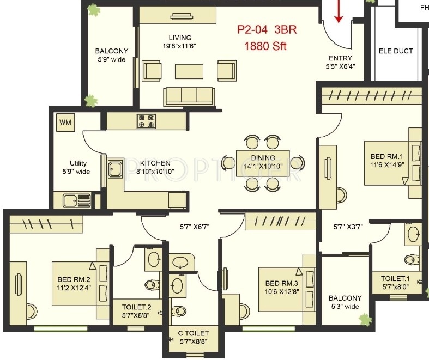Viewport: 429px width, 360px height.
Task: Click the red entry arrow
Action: [339, 11]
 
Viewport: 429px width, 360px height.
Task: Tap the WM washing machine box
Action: [65, 122]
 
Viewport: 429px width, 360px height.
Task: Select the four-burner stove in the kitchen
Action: [147, 121]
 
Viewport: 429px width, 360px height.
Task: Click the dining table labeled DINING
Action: [263, 163]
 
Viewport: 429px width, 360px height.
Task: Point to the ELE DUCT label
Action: [396, 51]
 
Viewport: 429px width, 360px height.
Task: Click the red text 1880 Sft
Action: [265, 46]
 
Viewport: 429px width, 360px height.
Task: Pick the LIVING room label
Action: [180, 38]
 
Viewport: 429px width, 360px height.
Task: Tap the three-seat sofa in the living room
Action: [189, 96]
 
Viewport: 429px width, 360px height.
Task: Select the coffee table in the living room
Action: [189, 71]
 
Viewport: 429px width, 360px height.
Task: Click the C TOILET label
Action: [193, 333]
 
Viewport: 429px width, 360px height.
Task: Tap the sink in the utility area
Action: [77, 201]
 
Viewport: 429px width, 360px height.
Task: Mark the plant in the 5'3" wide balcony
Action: [365, 320]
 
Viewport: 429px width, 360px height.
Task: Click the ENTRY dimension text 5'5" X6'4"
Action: [340, 66]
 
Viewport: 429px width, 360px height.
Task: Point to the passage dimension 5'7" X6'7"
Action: [195, 227]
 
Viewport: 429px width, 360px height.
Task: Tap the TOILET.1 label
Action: [395, 278]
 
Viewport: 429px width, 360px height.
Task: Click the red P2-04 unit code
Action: [252, 29]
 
